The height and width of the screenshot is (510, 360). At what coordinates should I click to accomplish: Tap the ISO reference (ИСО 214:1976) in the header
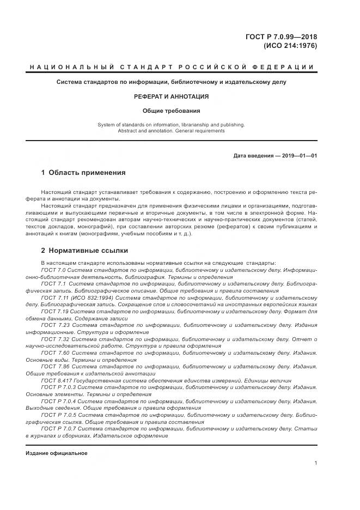(290, 46)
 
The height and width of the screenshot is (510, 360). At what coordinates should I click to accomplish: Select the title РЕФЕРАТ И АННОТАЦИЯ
(172, 96)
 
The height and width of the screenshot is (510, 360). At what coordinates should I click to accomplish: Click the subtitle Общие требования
(172, 111)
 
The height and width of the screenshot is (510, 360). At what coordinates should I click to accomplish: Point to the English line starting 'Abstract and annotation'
(172, 131)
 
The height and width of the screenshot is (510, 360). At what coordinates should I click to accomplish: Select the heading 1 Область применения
(83, 173)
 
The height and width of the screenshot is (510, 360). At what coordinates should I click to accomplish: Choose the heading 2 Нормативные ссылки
(84, 251)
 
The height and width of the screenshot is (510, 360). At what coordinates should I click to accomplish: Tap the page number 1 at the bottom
(316, 463)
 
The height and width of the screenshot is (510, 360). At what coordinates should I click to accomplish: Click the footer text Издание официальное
(56, 453)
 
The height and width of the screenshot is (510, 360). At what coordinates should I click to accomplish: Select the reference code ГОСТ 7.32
(55, 339)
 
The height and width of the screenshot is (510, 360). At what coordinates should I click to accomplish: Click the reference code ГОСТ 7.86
(55, 367)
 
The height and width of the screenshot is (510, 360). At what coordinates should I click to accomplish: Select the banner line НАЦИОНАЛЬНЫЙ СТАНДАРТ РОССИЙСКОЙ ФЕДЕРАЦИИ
(172, 67)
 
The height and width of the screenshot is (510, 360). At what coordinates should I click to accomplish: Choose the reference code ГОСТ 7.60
(55, 353)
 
